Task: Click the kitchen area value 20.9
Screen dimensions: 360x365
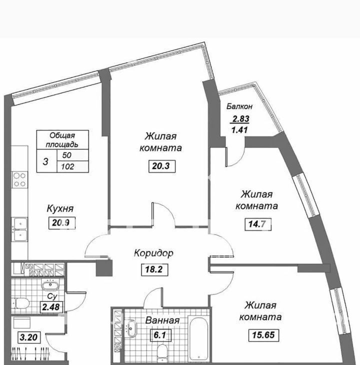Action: pos(62,223)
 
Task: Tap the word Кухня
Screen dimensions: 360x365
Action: pos(60,208)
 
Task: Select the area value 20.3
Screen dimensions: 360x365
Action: pos(162,166)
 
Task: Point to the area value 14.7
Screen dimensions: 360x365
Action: pos(258,224)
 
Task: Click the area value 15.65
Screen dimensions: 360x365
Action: pos(263,335)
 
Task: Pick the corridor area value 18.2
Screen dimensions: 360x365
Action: pos(154,269)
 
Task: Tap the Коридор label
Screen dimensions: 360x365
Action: pos(154,253)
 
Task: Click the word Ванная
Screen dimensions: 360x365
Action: pos(162,320)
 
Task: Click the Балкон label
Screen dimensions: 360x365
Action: pos(239,106)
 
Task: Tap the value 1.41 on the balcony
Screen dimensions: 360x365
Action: pos(239,129)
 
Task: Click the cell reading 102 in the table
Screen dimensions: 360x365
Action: pos(67,166)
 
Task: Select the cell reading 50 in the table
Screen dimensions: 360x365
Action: pos(67,155)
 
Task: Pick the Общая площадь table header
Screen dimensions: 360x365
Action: pos(62,140)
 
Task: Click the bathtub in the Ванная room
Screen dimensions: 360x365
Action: pos(198,338)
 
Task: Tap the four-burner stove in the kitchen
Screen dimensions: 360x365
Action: pos(19,179)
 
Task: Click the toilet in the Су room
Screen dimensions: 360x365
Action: pos(20,303)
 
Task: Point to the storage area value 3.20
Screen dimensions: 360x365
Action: pos(28,337)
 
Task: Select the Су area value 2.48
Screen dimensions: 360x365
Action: pos(51,307)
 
